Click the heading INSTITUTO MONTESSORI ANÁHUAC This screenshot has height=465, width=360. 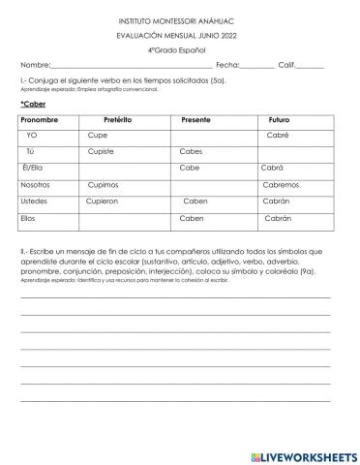181,18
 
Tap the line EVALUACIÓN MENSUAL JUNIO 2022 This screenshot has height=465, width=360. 181,34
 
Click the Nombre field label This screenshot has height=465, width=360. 35,65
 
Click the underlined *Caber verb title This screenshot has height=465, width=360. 33,103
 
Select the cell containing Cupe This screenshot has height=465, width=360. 98,136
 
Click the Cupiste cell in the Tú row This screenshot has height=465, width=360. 101,152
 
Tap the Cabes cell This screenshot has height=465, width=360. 192,152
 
